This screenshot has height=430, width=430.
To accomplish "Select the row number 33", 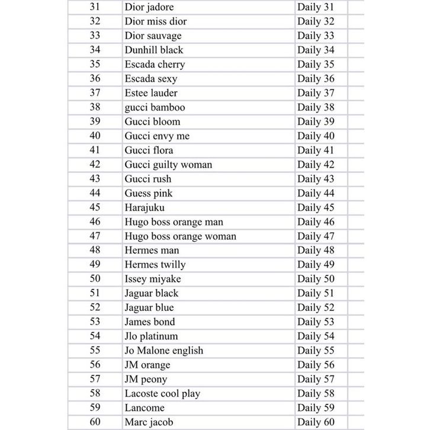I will point(95,36).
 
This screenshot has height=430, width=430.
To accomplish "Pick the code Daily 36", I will point(316,79).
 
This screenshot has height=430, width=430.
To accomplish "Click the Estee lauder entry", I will point(151,93).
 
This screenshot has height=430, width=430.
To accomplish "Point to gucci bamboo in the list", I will point(155,107).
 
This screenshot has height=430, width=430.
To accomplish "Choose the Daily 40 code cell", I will point(316,136).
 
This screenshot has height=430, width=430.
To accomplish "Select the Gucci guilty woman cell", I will point(168,165).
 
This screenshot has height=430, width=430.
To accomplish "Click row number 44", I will point(95,193).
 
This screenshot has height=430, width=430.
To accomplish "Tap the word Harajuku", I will point(145,208).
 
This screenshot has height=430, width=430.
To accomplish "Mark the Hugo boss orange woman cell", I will point(181,236).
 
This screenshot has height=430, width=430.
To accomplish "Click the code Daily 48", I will point(316,251).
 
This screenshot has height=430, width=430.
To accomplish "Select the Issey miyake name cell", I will point(153,279).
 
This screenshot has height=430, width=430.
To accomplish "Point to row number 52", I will point(95,307).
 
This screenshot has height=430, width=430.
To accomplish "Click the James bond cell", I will point(150,322).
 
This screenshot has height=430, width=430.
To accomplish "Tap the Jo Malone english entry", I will point(164,351).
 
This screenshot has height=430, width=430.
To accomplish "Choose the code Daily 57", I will point(316,379).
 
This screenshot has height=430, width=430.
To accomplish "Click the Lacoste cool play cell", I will point(162,393).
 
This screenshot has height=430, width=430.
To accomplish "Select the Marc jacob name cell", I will point(149,422).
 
